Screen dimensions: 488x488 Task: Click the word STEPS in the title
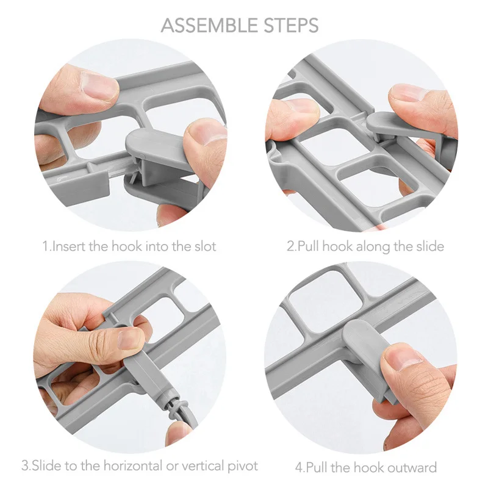point(292,26)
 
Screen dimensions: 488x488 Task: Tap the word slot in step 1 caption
point(205,246)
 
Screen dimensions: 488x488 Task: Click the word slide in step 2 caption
point(430,246)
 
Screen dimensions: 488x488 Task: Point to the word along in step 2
point(373,247)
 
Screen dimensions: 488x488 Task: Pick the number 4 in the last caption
point(298,468)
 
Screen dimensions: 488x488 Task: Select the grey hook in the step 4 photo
point(367,358)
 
